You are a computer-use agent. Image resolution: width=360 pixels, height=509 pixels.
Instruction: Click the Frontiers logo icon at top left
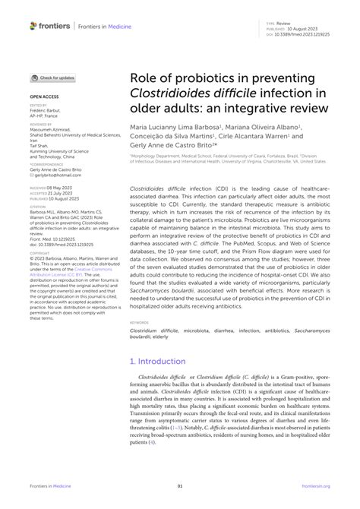pyautogui.click(x=33, y=26)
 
